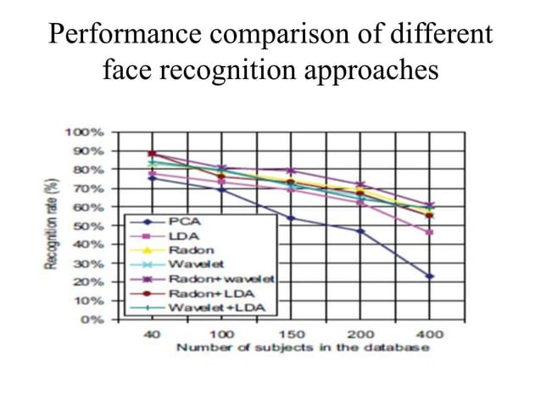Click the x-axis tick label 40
coord(151,334)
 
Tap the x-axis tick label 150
coord(291,334)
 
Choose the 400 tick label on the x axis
coord(430,334)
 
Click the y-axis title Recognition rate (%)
coord(53,226)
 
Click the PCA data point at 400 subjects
coord(430,276)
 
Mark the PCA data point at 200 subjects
coord(360,231)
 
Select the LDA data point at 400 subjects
coord(430,233)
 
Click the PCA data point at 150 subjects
coord(291,218)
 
